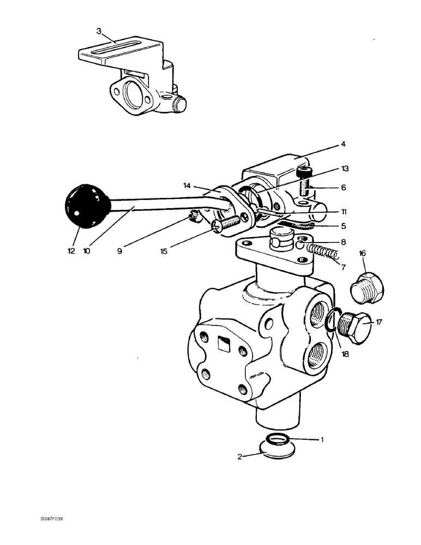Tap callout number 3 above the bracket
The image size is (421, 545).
(x=99, y=31)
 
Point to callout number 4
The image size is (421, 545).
(x=344, y=144)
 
